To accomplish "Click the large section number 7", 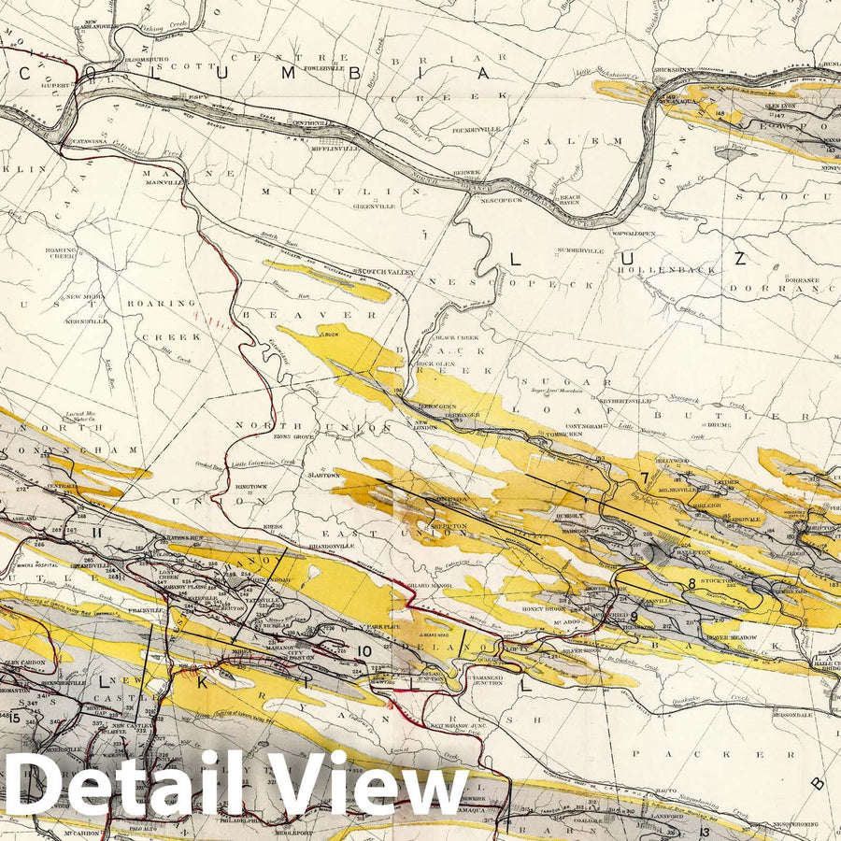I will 644,479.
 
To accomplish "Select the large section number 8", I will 691,584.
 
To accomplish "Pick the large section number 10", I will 365,651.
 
